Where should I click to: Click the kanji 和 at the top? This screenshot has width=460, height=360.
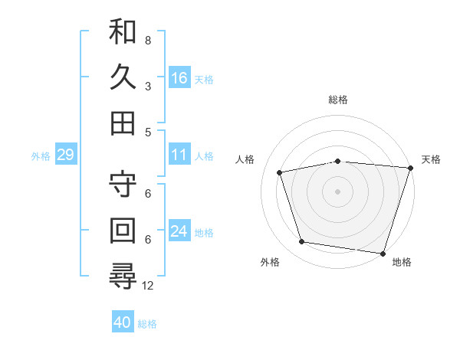[123, 32]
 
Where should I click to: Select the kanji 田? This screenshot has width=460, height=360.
[123, 123]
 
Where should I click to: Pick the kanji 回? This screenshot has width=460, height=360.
[123, 231]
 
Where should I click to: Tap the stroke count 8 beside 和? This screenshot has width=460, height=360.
[148, 40]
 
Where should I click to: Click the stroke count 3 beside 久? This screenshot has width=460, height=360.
[148, 86]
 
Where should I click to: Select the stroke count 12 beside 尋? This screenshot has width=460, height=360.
[149, 285]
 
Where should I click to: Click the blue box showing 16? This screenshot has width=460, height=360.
[179, 78]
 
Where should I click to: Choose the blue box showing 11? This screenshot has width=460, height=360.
[179, 155]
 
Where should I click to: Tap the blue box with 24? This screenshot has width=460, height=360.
[179, 231]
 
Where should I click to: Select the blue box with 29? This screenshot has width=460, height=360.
[65, 155]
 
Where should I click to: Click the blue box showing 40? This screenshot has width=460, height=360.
[123, 323]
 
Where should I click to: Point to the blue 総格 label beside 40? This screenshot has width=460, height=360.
[147, 324]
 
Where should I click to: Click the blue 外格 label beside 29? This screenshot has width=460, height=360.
[41, 156]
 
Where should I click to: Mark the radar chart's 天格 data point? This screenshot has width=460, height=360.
[410, 168]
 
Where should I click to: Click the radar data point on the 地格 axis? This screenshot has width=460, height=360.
[383, 253]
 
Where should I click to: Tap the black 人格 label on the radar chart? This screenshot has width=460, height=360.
[245, 159]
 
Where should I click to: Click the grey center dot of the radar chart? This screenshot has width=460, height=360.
[337, 191]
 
